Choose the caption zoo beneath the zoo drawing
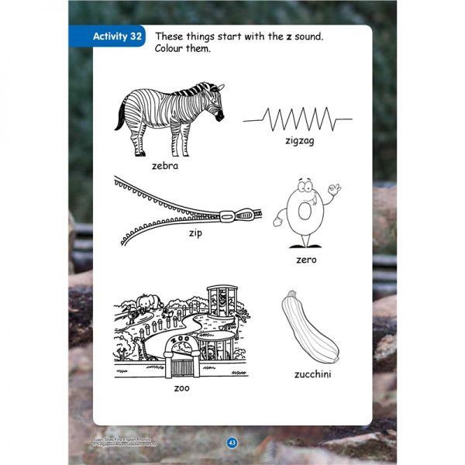181,387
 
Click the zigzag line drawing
297,120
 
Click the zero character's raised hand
334,190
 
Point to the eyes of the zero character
308,191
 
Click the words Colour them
182,50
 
